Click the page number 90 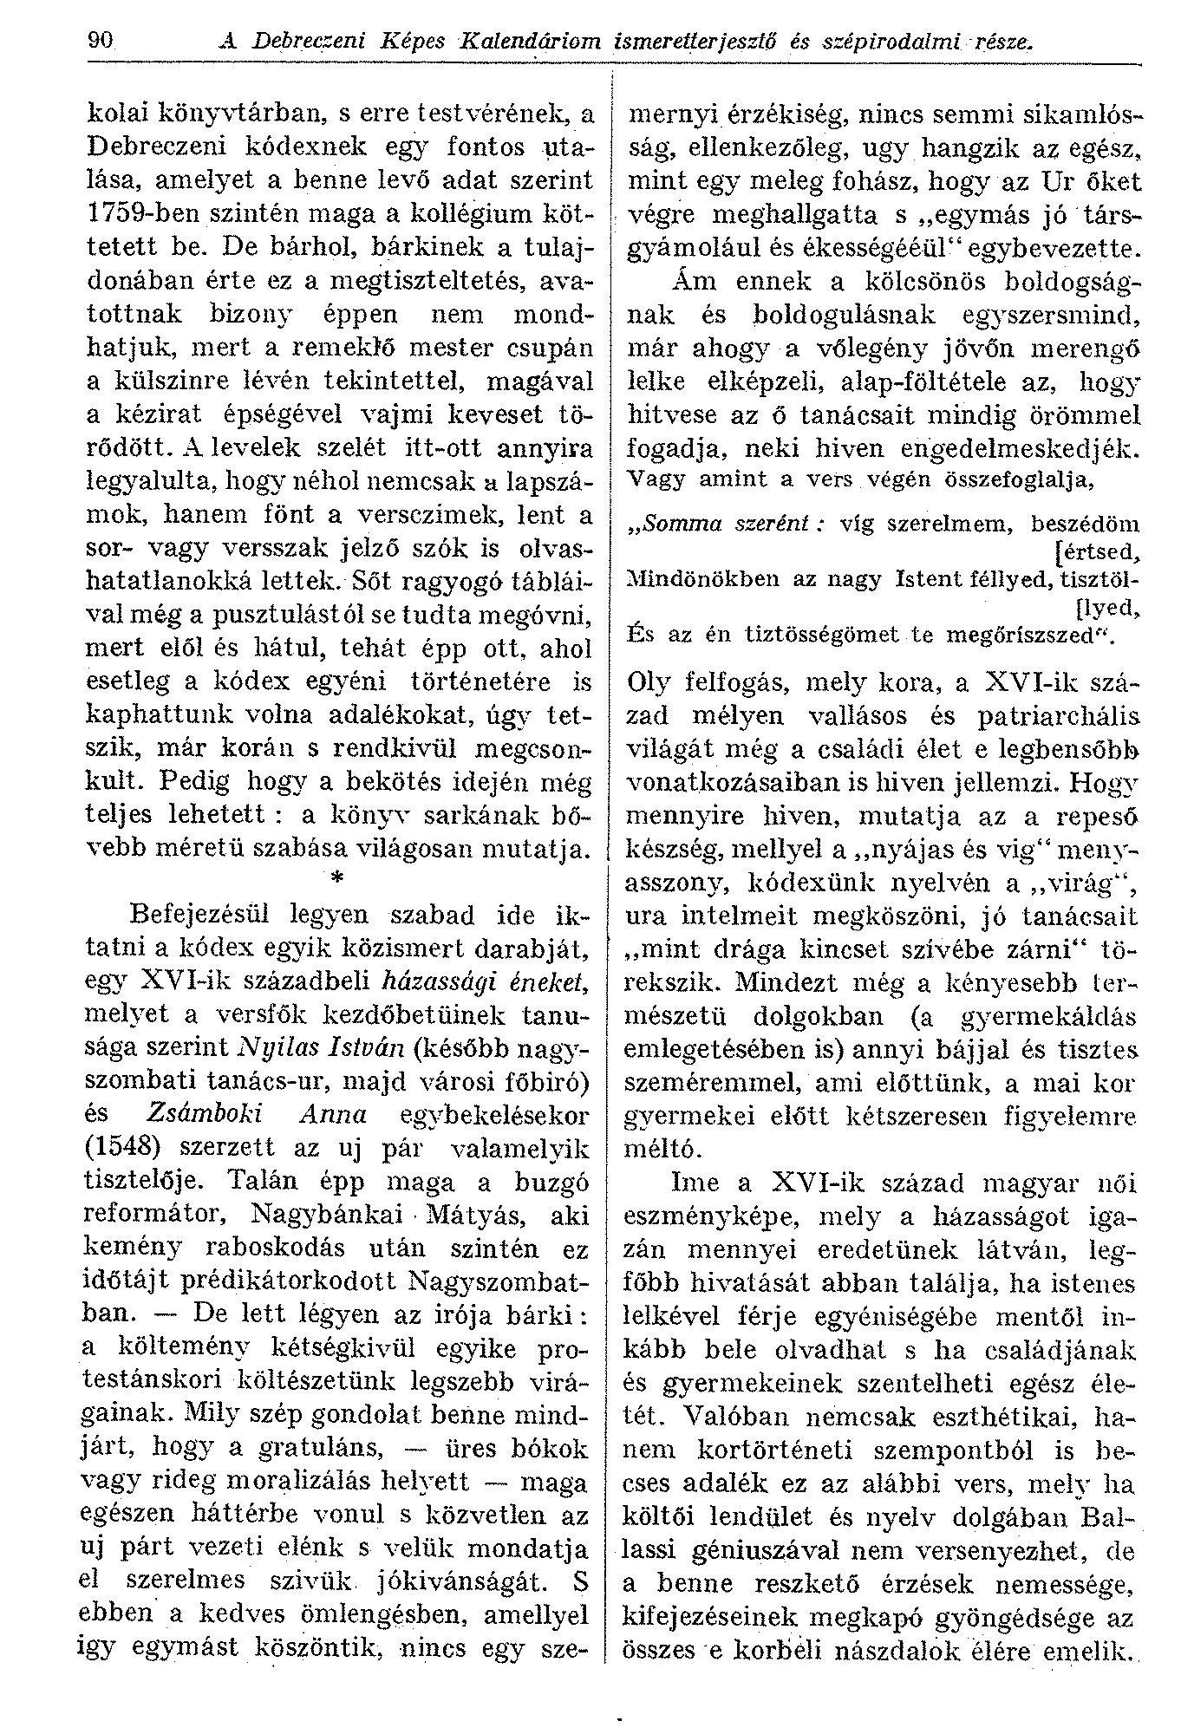pyautogui.click(x=101, y=41)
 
